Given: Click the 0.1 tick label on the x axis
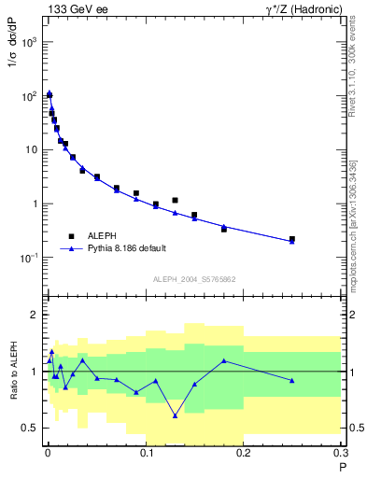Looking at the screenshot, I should (145, 455).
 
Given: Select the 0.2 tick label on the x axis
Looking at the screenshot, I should (244, 455).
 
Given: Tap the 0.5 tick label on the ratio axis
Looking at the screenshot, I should (31, 429).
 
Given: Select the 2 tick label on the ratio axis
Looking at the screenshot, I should (35, 316).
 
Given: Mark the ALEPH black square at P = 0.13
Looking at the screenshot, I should (175, 200).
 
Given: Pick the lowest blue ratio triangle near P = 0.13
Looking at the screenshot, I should (175, 416).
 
